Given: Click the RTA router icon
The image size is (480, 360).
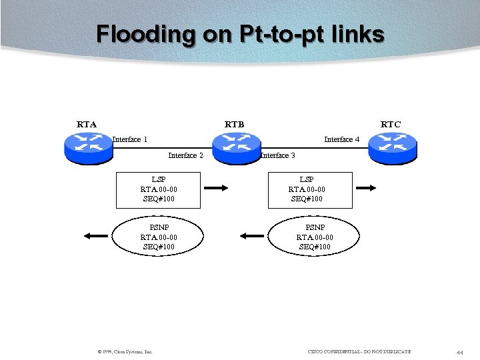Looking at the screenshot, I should (88, 148).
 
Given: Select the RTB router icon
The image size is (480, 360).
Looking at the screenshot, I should (235, 148).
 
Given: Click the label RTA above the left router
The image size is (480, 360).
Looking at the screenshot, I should (87, 124).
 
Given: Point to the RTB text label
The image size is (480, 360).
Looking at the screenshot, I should (234, 124).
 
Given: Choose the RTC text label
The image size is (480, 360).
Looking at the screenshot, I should (391, 124).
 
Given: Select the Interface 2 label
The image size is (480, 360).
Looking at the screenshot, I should (185, 155).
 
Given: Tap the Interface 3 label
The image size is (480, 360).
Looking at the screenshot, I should (277, 155).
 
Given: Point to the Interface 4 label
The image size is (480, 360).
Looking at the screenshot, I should (341, 139).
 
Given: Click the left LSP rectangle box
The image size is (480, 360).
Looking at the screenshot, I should (158, 189).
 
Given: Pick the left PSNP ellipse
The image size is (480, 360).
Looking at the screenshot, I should (158, 237).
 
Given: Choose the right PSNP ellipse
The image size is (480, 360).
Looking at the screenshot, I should (314, 237).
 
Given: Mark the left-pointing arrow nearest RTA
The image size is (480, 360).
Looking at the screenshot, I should (96, 235).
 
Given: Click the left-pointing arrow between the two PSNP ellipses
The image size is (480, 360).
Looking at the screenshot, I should (251, 235).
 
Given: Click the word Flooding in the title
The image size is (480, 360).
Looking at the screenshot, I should (145, 33).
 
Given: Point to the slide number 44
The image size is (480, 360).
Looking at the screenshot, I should (460, 351).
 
